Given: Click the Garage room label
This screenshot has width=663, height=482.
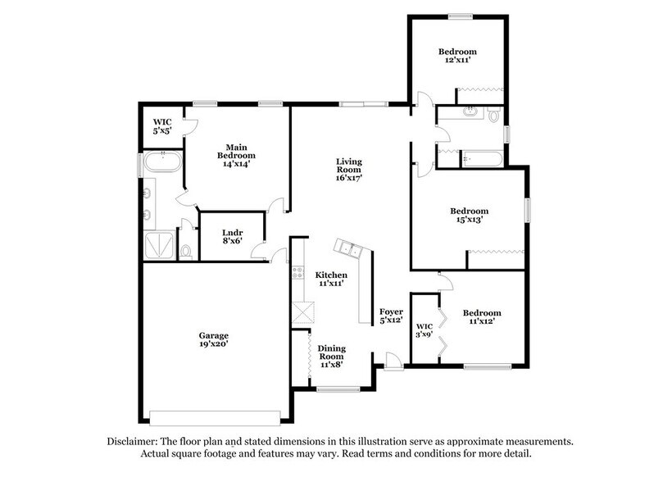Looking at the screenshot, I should [214, 340].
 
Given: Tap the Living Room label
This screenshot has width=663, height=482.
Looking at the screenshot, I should [348, 169].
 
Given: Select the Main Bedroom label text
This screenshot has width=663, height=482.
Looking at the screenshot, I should [236, 155].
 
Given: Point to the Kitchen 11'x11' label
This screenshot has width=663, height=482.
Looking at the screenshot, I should [331, 278].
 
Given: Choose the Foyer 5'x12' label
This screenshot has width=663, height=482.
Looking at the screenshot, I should [391, 315].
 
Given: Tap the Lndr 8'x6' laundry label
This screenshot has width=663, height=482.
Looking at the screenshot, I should [232, 237].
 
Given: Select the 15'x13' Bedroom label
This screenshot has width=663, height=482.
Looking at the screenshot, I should [469, 215].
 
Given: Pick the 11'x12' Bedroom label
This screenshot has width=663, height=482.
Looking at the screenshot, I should [481, 317].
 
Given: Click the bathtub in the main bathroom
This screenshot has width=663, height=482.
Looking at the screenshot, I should [162, 162].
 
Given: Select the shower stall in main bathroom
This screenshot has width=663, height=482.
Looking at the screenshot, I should [161, 244].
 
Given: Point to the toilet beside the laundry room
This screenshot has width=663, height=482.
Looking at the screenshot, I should [186, 249].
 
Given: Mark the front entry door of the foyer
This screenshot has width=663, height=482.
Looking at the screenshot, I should [393, 361].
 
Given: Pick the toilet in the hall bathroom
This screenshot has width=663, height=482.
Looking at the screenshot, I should [494, 116].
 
